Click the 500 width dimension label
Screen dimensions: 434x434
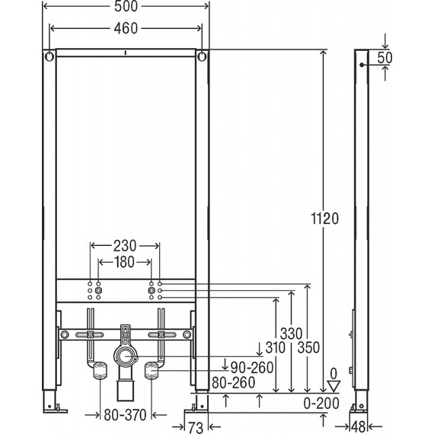[126, 6]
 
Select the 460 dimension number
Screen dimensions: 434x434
[126, 28]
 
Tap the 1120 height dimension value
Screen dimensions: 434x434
[325, 219]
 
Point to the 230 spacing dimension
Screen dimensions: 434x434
[125, 246]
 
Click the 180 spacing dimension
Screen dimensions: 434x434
[125, 262]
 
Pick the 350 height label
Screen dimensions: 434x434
[308, 348]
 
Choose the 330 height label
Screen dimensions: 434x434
[291, 333]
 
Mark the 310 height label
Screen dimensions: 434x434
[276, 348]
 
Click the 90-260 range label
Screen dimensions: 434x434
[252, 368]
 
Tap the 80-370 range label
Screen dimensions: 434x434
[125, 415]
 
